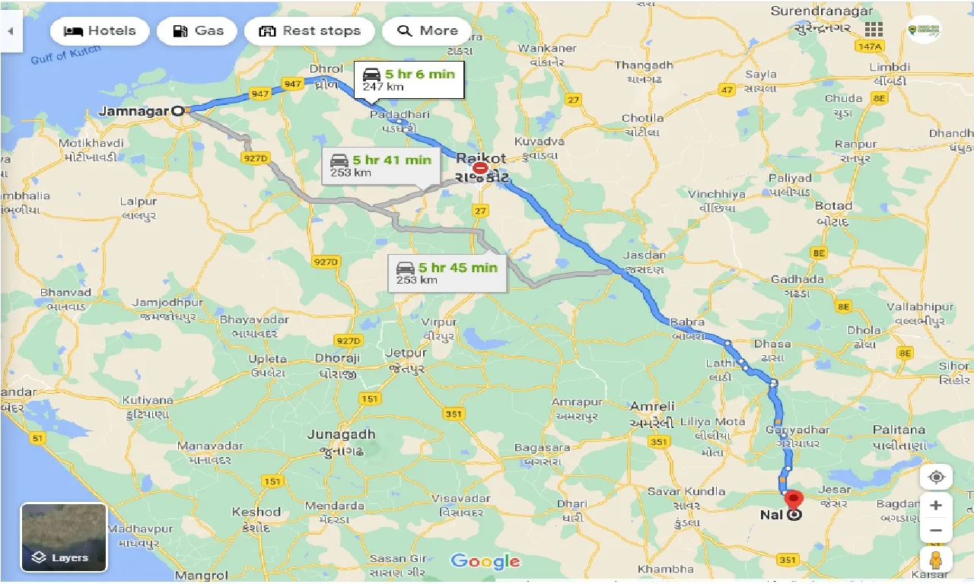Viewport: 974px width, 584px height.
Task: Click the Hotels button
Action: pos(100,31)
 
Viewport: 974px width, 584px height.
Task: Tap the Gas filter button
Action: pos(197,31)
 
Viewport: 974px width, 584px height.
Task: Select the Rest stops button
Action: pos(309,31)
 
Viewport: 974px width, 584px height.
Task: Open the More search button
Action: pos(427,31)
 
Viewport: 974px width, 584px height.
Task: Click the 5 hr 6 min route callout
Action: pos(409,79)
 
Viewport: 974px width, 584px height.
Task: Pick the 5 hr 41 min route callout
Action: pos(380,165)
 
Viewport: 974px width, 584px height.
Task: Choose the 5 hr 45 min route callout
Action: pos(447,273)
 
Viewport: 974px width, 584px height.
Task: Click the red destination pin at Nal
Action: pos(794,501)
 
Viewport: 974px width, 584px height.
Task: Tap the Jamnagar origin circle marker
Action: pos(178,111)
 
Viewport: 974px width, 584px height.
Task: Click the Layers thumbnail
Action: pos(64,538)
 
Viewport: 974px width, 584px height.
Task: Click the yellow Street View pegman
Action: pos(936,559)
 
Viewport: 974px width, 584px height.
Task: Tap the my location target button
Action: pos(936,478)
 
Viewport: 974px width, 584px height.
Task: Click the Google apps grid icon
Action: pos(874,30)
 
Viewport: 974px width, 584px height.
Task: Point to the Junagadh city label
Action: pos(341,434)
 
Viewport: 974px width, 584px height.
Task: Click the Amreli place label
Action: pos(652,407)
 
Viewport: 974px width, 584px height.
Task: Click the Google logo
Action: pos(485,562)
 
